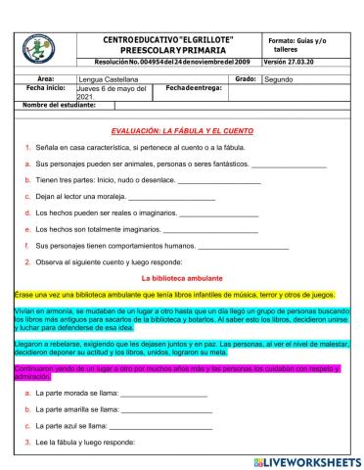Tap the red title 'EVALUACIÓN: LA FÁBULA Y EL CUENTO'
coord(182,130)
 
